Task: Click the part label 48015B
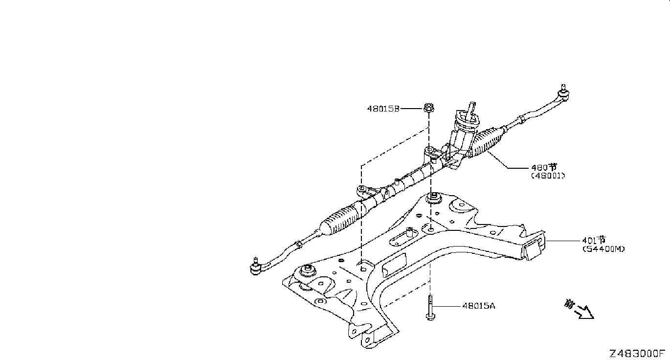click(383, 109)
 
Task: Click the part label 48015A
click(479, 306)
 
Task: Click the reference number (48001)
click(548, 176)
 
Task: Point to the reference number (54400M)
click(603, 249)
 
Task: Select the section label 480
click(544, 167)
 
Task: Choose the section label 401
click(594, 240)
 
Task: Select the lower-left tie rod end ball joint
click(256, 267)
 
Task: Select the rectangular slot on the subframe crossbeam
click(394, 265)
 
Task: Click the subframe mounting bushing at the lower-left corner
click(308, 270)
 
